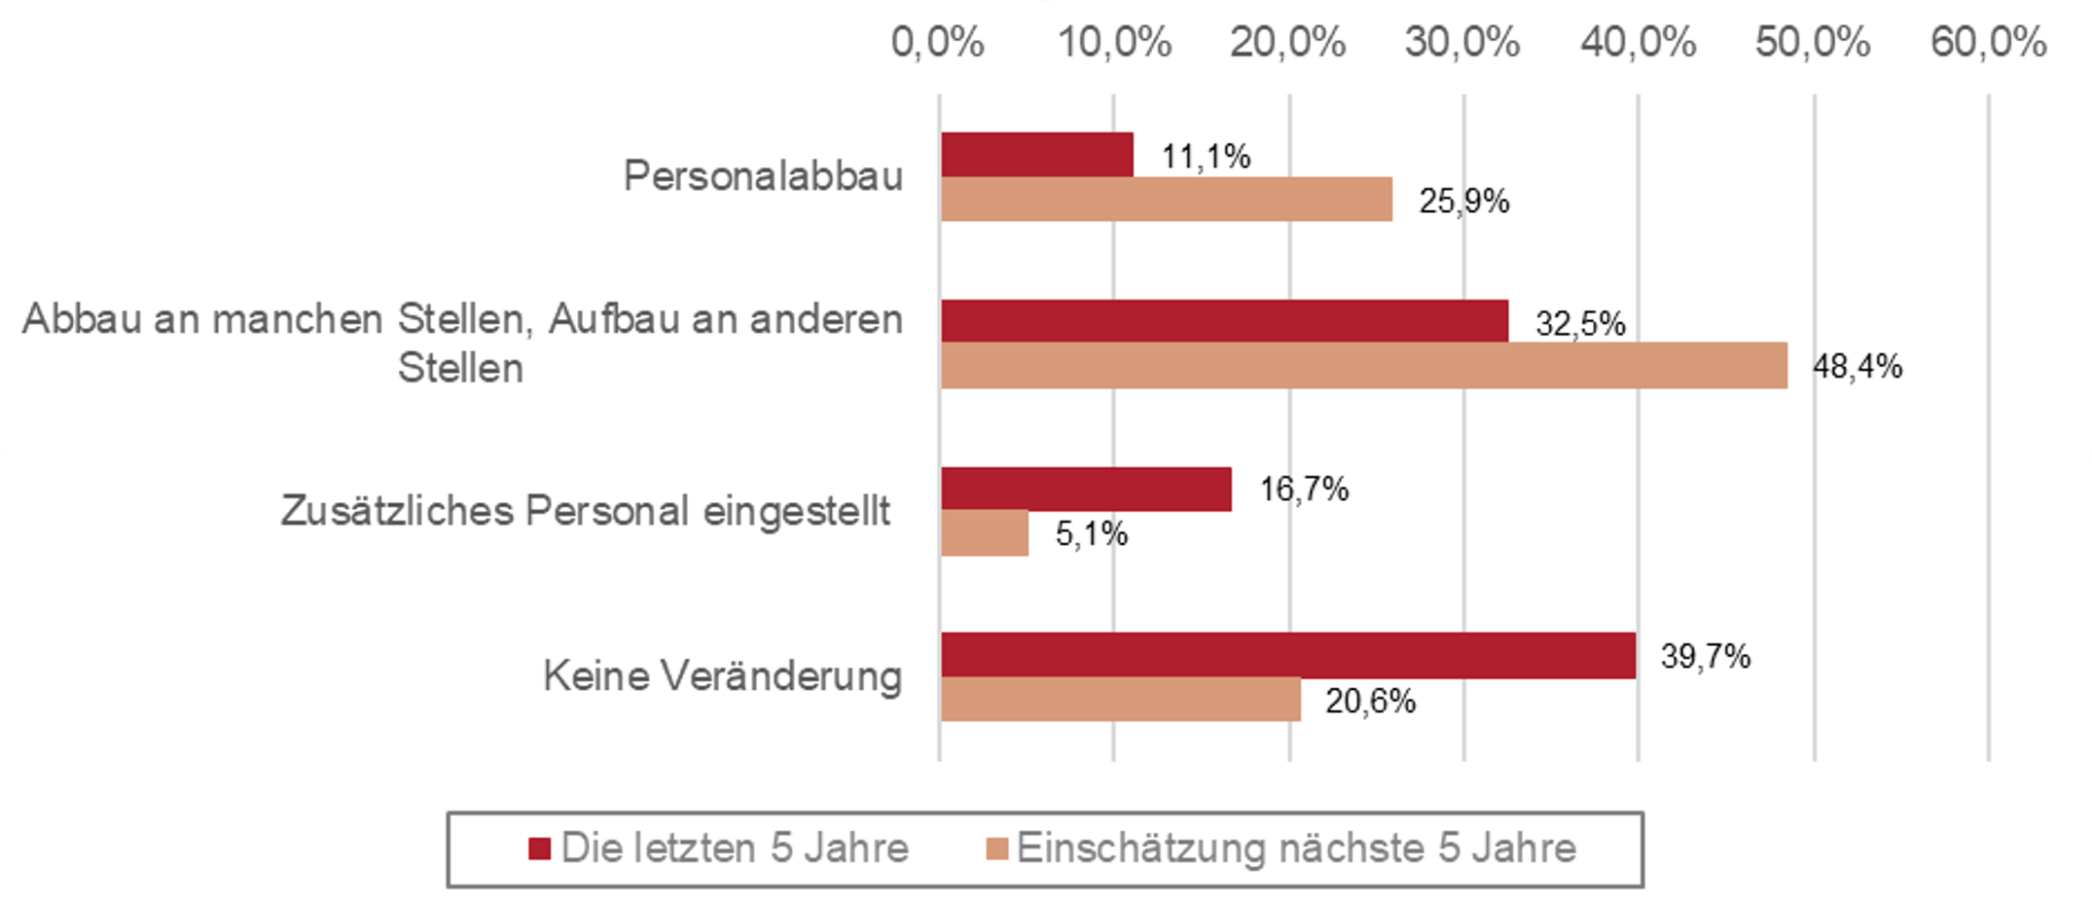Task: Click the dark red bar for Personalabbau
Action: point(1037,155)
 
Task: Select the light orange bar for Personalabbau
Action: point(1167,199)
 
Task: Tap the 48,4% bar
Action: point(1364,366)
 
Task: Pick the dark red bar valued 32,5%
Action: point(1225,321)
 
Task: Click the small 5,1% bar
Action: point(985,533)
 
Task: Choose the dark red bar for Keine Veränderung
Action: point(1288,655)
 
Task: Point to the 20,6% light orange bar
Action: point(1121,700)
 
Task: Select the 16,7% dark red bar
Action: point(1086,489)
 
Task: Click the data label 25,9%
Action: point(1464,200)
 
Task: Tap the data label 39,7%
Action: point(1706,656)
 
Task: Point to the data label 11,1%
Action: point(1207,156)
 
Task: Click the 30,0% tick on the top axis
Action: point(1462,43)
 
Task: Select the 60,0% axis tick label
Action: point(1989,43)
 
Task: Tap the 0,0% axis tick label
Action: point(938,43)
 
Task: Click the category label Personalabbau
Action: point(764,176)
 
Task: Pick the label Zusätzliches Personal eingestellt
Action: point(586,511)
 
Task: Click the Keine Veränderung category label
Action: point(723,676)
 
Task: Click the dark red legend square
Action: point(540,849)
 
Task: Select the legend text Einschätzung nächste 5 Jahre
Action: point(1296,849)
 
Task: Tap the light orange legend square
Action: point(997,849)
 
